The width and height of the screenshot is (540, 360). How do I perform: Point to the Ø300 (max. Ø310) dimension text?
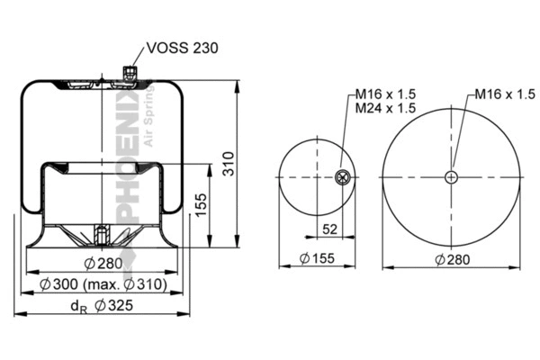click(105, 284)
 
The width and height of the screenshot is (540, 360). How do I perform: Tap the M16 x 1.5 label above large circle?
click(501, 94)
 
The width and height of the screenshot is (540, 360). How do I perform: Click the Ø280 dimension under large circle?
click(453, 259)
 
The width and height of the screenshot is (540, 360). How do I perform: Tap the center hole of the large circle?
click(452, 177)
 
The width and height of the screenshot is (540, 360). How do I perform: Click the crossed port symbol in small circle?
click(342, 177)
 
